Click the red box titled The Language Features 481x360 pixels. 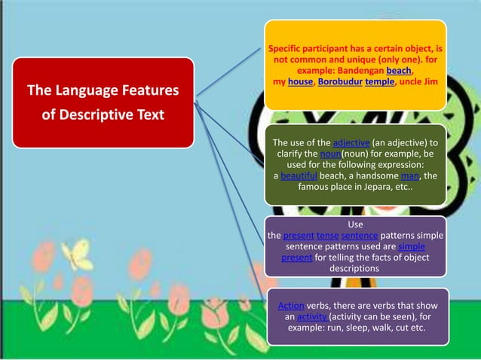(103, 102)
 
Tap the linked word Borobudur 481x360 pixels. (339, 81)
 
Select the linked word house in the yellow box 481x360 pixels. (300, 81)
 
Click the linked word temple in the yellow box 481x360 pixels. (380, 81)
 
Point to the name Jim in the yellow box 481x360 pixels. (430, 81)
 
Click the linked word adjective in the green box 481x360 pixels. (351, 142)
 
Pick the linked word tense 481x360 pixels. (329, 236)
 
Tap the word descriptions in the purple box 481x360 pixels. (354, 268)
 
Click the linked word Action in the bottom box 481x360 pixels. (291, 306)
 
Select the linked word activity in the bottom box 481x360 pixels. (311, 317)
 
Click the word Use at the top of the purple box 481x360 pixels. (354, 224)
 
